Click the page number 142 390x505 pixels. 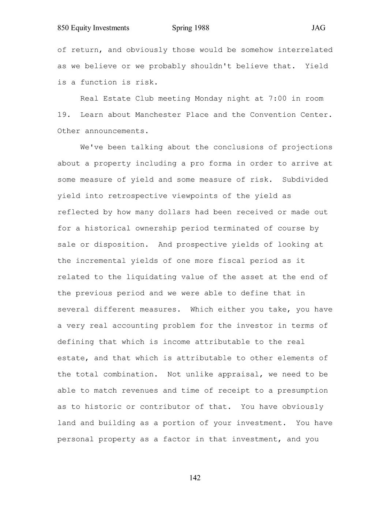click(x=195, y=478)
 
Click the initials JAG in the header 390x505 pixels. click(x=318, y=28)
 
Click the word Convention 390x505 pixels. click(x=273, y=115)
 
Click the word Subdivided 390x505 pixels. click(x=305, y=180)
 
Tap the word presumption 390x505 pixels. click(x=303, y=390)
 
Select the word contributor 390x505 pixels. click(x=163, y=407)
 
